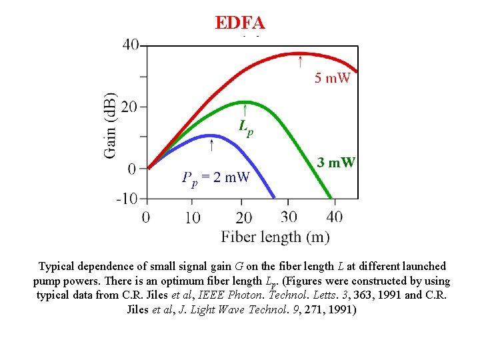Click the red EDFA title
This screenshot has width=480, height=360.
(240, 23)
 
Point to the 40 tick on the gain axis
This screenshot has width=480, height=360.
(130, 45)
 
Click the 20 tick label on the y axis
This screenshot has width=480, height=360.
(130, 107)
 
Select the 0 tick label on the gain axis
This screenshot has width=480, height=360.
(132, 169)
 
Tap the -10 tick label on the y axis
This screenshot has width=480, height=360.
(127, 199)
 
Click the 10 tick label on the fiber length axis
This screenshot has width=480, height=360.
(192, 217)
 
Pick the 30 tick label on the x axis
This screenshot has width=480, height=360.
(289, 217)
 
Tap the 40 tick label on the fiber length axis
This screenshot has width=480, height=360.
(335, 217)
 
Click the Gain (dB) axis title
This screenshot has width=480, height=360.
(111, 125)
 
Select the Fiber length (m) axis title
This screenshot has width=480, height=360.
(275, 237)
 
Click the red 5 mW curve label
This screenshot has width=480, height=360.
(332, 79)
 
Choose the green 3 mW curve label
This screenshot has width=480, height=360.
(336, 162)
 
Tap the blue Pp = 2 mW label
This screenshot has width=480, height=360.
(215, 177)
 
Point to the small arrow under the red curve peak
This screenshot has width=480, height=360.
(300, 62)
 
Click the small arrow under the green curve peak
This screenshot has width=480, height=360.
(246, 109)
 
